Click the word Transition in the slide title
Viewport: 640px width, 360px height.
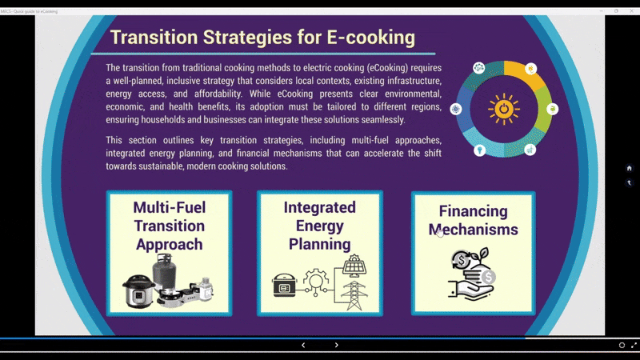[x=154, y=37]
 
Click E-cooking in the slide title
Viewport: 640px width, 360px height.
[x=370, y=38]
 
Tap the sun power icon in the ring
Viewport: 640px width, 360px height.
[x=504, y=109]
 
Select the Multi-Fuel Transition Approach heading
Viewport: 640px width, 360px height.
[x=170, y=226]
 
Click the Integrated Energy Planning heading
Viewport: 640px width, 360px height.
[x=319, y=226]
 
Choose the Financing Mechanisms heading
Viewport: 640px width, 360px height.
[x=473, y=221]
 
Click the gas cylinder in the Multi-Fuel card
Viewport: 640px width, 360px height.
[x=165, y=270]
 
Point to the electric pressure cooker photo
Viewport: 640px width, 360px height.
[x=138, y=290]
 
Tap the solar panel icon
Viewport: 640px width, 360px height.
[x=354, y=266]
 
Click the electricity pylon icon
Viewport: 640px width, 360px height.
[x=354, y=295]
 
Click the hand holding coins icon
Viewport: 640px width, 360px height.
[x=472, y=274]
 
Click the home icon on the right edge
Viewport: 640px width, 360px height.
[x=629, y=168]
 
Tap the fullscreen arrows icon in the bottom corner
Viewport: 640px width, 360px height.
[x=634, y=346]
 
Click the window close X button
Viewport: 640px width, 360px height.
[x=631, y=11]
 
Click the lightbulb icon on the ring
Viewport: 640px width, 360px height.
[x=479, y=150]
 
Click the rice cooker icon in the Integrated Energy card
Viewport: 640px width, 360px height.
[x=284, y=286]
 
